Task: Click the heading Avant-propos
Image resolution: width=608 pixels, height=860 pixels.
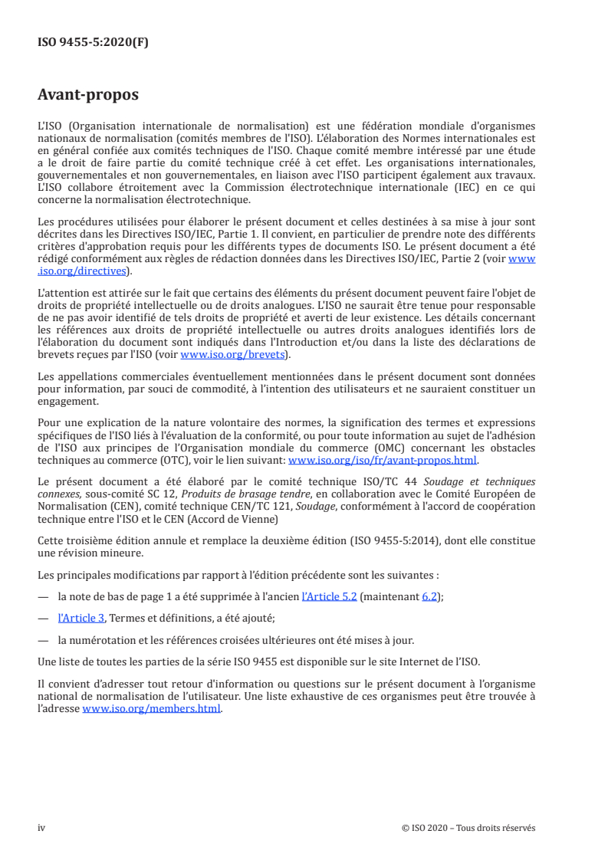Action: coord(88,95)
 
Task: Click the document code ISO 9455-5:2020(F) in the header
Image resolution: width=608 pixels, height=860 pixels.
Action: coord(93,43)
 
